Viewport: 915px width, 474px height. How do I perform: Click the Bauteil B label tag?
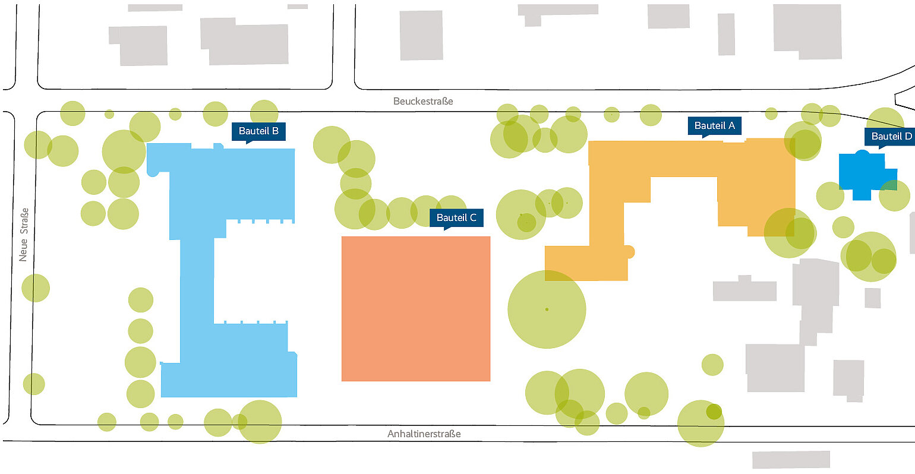[258, 131]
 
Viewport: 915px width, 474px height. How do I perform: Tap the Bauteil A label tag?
[714, 126]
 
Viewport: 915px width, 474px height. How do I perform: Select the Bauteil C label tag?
[456, 218]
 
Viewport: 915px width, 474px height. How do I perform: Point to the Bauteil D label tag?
[891, 137]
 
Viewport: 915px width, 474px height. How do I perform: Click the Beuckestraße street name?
[423, 101]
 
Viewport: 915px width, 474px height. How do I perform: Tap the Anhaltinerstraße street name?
[424, 434]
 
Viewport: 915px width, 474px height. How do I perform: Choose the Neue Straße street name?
[24, 235]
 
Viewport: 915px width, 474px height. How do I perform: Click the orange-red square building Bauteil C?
[416, 309]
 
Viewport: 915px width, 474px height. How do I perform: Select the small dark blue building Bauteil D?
[866, 176]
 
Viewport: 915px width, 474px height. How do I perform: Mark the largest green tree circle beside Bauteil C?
[547, 309]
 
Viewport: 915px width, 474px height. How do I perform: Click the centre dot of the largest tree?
[547, 309]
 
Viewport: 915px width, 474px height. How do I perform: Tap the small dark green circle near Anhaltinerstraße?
[714, 412]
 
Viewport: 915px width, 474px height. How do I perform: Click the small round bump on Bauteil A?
[629, 252]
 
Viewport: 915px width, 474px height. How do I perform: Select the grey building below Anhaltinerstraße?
[791, 459]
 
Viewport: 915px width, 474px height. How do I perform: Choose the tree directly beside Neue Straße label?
[36, 288]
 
